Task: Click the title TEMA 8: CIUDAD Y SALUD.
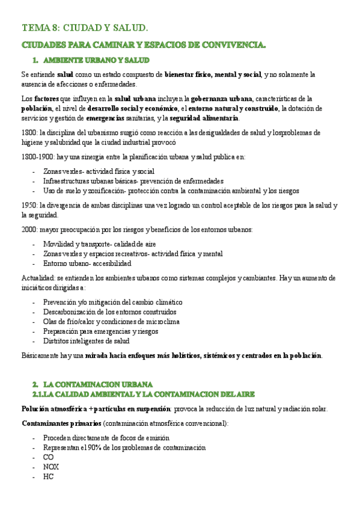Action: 85,28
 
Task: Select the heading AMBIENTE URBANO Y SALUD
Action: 96,60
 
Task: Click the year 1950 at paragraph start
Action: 29,204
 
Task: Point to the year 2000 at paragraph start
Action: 29,230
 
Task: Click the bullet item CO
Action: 48,457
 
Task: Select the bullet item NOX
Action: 51,467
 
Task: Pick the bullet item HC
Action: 48,476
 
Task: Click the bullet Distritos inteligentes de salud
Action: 86,341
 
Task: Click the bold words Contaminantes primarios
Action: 52,423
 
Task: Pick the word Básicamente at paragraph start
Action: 41,355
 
